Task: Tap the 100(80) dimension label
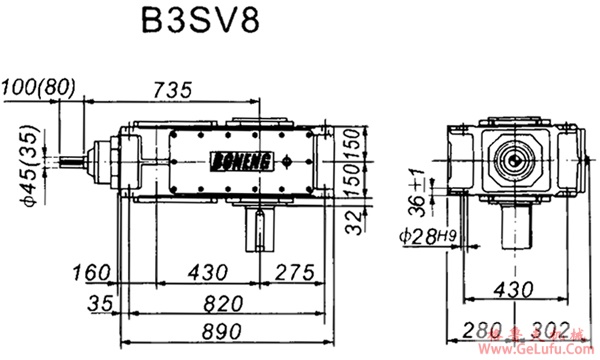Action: click(39, 88)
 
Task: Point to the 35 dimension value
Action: click(99, 300)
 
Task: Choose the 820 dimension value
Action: click(219, 301)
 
